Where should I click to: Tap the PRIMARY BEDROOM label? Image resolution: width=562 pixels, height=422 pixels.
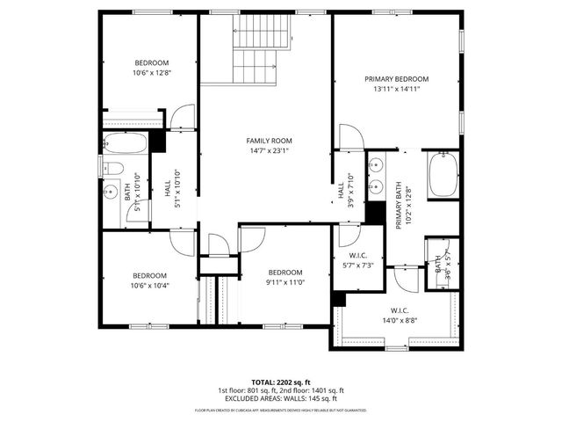(x=397, y=79)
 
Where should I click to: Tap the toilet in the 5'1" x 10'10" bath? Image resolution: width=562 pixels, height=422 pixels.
(x=114, y=169)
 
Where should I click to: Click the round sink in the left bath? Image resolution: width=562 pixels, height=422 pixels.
(x=113, y=191)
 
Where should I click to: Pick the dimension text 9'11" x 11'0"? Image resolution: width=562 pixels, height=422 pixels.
(x=285, y=282)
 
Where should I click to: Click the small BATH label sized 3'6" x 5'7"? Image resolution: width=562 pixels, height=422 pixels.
(x=437, y=264)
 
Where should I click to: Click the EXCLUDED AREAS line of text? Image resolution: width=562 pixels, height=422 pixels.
(x=281, y=398)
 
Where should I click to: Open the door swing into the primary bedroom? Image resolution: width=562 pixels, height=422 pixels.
(x=349, y=137)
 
